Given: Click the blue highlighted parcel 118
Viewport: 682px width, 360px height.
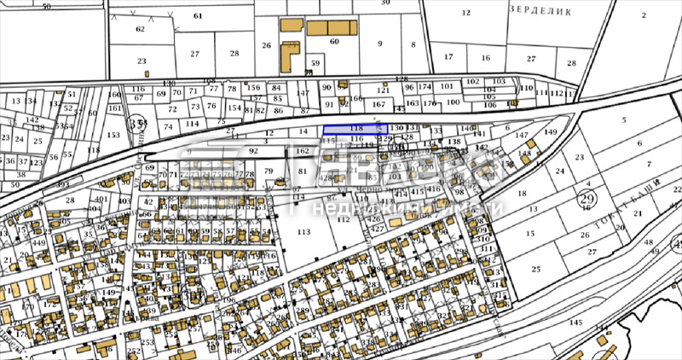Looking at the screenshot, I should [356, 128].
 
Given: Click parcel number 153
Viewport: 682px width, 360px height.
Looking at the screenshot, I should [113, 135].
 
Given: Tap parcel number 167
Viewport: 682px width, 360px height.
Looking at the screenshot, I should [379, 103].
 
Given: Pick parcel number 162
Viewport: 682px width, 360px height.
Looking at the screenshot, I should [303, 151].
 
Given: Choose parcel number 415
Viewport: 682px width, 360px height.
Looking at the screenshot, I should [417, 192].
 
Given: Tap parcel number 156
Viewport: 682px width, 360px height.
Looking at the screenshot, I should [253, 88].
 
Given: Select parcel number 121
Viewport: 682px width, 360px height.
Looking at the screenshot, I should [384, 90].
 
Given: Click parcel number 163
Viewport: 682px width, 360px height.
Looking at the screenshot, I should [412, 103].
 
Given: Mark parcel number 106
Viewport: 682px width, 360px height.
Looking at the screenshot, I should [489, 106].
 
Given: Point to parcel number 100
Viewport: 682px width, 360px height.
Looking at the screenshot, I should [453, 102].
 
